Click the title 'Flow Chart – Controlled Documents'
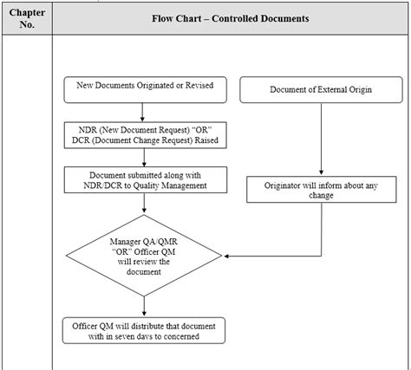coord(232,17)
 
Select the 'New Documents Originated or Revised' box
coord(145,88)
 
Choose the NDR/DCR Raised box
coord(145,135)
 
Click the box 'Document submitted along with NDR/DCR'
coord(145,179)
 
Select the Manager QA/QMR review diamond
coord(145,256)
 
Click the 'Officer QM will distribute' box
coord(145,329)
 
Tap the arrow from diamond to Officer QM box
coord(145,306)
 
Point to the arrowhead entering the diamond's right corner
coord(228,256)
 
